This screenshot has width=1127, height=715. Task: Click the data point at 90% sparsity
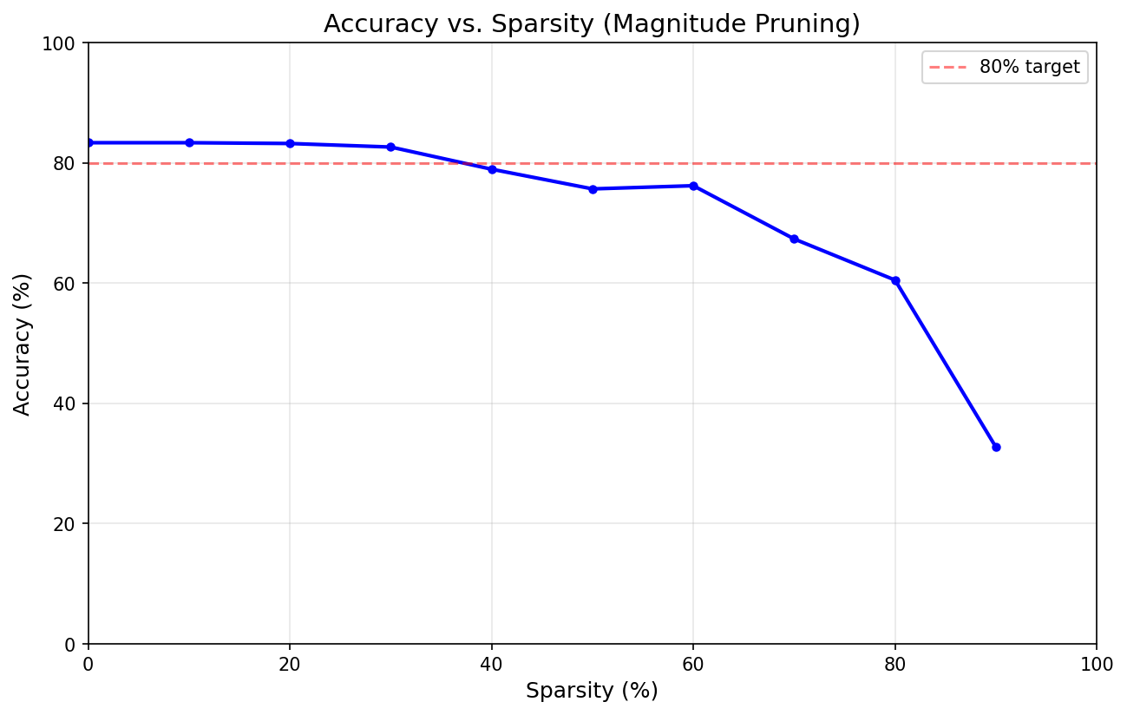click(x=996, y=447)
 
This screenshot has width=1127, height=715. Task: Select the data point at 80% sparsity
click(x=895, y=280)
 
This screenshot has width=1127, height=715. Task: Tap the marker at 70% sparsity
click(x=794, y=239)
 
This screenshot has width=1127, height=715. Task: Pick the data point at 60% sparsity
click(x=693, y=186)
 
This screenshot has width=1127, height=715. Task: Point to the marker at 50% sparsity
click(x=593, y=188)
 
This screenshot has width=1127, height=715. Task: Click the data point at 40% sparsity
click(x=492, y=169)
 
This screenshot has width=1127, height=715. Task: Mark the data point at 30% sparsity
click(x=390, y=147)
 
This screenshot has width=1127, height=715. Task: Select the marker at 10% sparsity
click(x=189, y=142)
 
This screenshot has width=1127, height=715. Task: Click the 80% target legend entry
click(x=1005, y=67)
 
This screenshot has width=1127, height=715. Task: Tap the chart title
click(x=592, y=24)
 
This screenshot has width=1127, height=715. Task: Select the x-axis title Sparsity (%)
click(x=592, y=691)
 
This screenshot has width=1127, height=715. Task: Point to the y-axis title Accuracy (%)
click(x=23, y=344)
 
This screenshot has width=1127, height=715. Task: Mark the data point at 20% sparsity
click(x=290, y=143)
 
